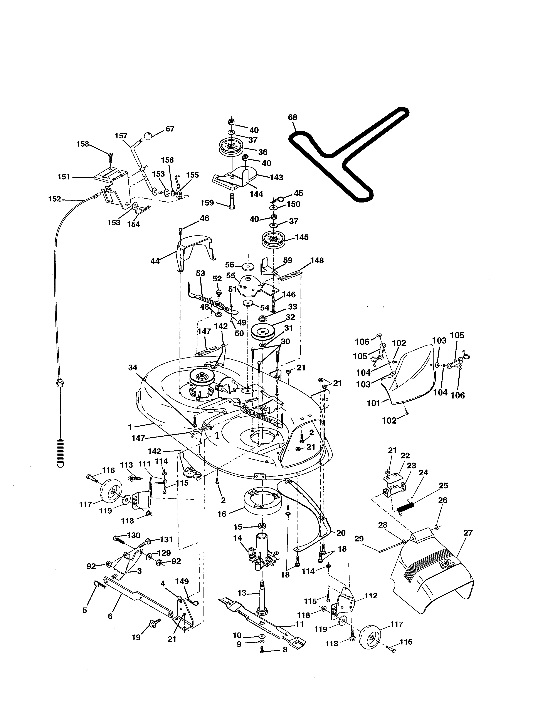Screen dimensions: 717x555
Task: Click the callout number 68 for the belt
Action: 292,117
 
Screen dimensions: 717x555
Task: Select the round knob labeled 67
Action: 148,136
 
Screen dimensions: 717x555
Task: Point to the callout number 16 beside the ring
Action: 222,514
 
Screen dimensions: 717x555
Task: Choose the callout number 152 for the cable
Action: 55,199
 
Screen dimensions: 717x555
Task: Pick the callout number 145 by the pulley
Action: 302,237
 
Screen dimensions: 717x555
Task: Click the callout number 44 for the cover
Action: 155,261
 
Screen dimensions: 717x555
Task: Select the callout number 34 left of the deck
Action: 133,368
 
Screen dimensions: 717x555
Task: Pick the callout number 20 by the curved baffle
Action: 341,533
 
